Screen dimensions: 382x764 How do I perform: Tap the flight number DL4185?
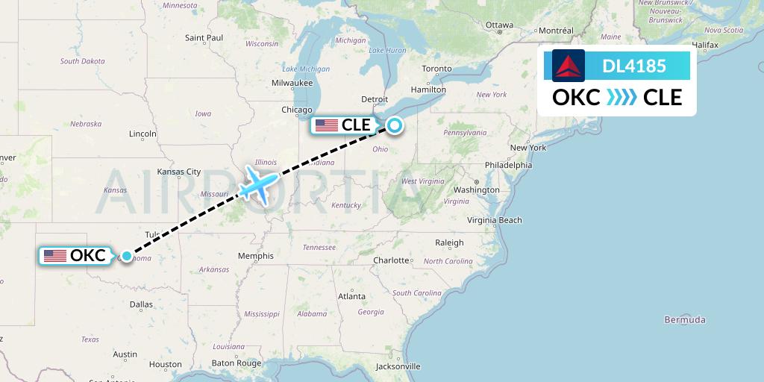(x=633, y=66)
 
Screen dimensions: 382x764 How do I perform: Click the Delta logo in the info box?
(x=569, y=66)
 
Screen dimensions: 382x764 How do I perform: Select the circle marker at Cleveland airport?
(x=393, y=125)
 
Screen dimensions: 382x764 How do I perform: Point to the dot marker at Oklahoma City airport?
(x=127, y=256)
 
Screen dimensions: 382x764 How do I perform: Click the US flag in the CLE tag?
(x=326, y=125)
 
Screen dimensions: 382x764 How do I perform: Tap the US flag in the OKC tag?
(x=55, y=256)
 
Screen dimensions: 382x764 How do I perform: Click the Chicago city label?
(x=297, y=110)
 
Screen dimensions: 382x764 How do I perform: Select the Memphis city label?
(x=256, y=256)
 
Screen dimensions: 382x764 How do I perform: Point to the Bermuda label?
(x=684, y=320)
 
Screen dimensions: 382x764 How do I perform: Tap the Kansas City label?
(x=179, y=172)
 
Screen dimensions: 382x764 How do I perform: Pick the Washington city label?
(x=476, y=190)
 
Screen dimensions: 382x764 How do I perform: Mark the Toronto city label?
(x=436, y=69)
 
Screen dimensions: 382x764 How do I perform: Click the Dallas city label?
(x=141, y=304)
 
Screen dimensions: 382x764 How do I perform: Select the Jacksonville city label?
(x=398, y=366)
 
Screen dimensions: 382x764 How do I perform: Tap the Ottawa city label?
(x=499, y=25)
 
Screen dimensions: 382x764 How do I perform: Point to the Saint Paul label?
(x=204, y=37)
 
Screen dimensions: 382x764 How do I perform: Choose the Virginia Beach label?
(x=495, y=220)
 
